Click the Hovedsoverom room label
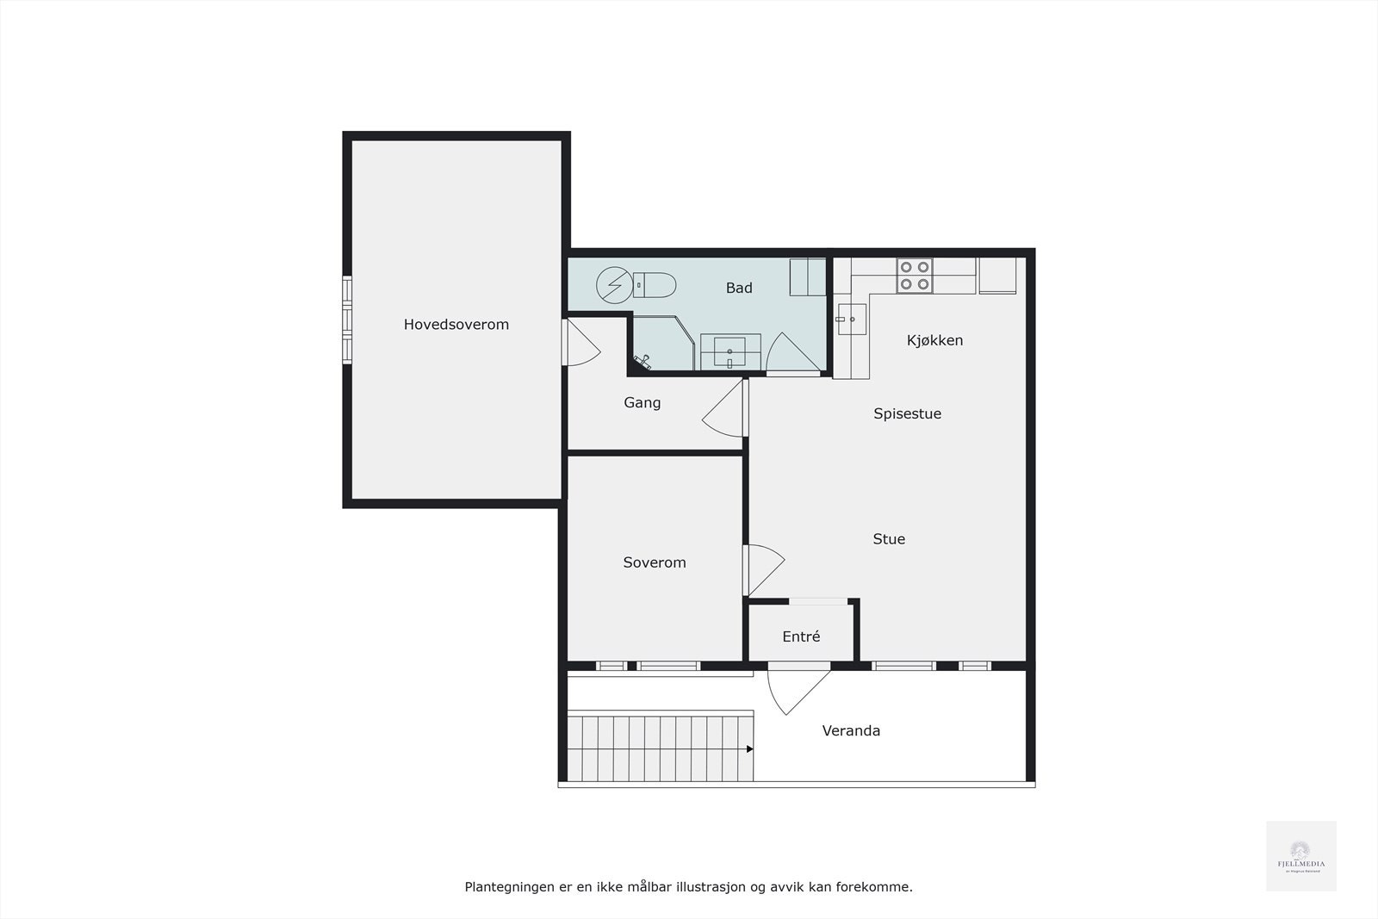(x=456, y=325)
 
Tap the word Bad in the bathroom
(x=738, y=288)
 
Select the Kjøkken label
(x=934, y=340)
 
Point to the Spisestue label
(x=907, y=413)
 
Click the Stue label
(x=888, y=539)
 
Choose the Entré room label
(x=801, y=636)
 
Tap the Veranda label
(x=851, y=730)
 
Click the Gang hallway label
(x=642, y=402)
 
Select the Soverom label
(x=654, y=562)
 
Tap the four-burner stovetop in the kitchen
(x=914, y=276)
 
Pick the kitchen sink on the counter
(x=851, y=320)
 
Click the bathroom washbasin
(x=729, y=351)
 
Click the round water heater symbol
(x=614, y=284)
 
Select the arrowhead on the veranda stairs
(x=749, y=749)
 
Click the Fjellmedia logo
(x=1300, y=855)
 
